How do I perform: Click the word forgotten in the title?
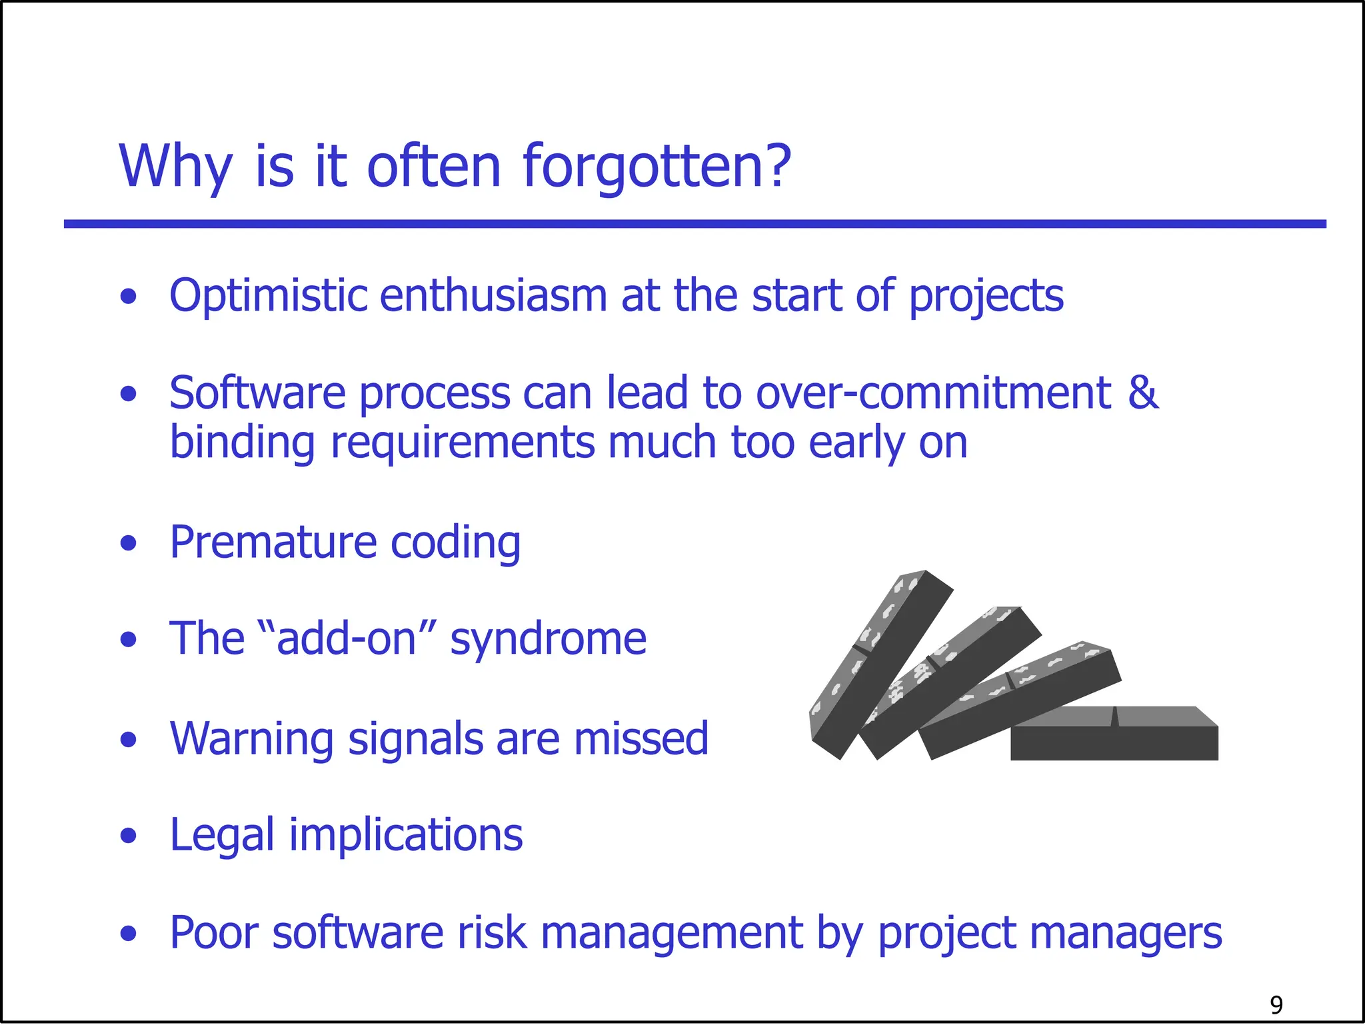pos(657,167)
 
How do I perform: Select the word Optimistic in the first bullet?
pos(268,296)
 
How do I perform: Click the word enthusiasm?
pos(493,296)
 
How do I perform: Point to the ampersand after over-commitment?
pos(1142,393)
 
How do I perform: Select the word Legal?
pos(222,836)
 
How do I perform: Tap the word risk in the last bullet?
pos(493,932)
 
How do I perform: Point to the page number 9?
pos(1276,1004)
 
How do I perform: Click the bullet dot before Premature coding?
pos(129,543)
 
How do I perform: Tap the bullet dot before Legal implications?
pos(129,836)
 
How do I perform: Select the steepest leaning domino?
pos(880,666)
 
